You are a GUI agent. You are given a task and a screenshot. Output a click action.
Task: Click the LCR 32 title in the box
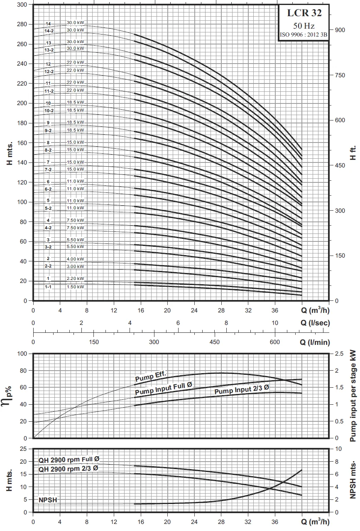tap(304, 13)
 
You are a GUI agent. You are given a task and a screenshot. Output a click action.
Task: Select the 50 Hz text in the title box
tap(304, 26)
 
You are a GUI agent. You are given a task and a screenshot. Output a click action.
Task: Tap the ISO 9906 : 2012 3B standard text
tap(304, 35)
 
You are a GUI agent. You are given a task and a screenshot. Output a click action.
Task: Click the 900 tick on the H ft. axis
tap(340, 30)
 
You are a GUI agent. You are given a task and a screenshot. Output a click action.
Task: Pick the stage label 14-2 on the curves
tap(49, 31)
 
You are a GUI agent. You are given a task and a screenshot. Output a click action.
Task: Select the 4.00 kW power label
tap(76, 259)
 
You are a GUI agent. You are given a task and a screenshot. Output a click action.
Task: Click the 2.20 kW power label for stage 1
tap(76, 278)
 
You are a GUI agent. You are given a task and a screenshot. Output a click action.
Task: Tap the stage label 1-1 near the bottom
tap(49, 287)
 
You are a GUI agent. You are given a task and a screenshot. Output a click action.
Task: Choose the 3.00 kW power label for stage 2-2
tap(76, 266)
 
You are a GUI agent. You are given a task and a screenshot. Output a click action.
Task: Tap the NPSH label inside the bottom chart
tap(48, 500)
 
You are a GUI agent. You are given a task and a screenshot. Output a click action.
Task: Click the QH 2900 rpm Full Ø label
tap(69, 460)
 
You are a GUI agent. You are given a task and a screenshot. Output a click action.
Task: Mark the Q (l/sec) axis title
tap(315, 323)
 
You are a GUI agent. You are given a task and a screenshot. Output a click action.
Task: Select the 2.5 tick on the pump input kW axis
tap(339, 354)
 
